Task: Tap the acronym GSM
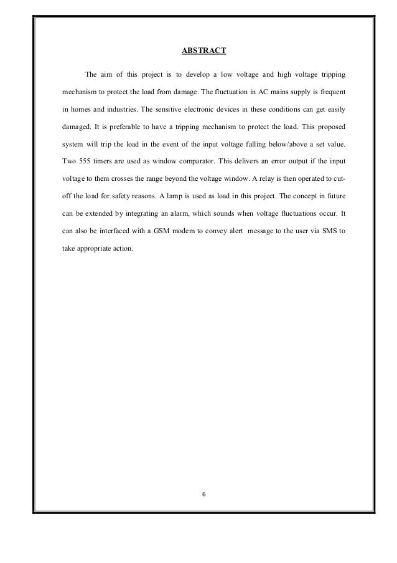click(x=167, y=231)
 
